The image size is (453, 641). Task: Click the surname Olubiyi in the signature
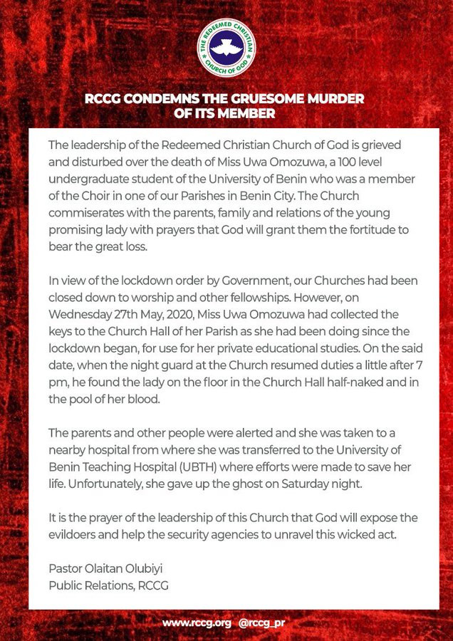click(147, 568)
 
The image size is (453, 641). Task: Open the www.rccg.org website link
click(197, 622)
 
